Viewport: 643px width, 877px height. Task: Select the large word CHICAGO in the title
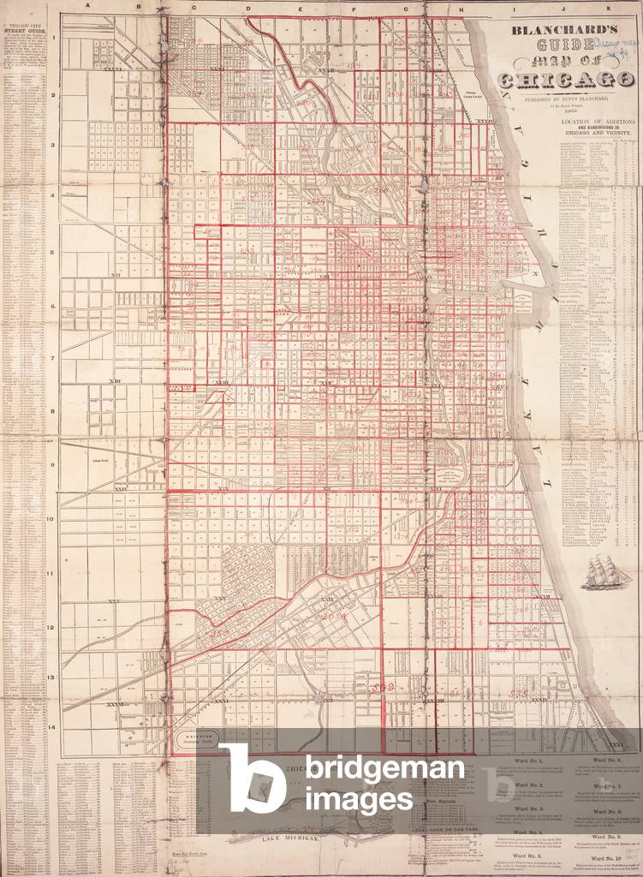point(559,81)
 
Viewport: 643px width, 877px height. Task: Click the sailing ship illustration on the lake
point(607,571)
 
